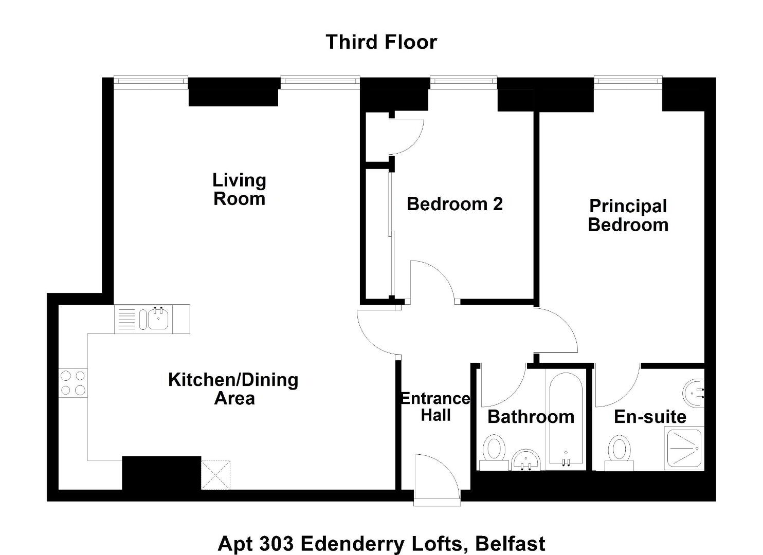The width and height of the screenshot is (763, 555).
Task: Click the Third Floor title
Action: click(381, 42)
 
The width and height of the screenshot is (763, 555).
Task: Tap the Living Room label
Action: click(239, 189)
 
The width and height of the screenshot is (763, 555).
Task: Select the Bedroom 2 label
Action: click(455, 204)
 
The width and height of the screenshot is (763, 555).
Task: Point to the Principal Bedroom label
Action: click(628, 215)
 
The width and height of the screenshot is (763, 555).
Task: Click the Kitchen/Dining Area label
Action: click(233, 389)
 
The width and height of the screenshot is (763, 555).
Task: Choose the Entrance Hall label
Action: click(435, 407)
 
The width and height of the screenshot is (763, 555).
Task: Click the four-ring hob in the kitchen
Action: click(73, 383)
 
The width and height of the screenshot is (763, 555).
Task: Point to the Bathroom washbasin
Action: click(526, 459)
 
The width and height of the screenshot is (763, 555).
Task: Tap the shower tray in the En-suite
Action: click(685, 449)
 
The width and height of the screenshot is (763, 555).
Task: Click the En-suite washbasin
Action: click(694, 393)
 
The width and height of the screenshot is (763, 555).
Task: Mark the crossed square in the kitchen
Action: click(215, 475)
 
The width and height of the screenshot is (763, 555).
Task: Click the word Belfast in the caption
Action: click(510, 544)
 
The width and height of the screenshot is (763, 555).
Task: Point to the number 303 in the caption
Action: click(276, 544)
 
